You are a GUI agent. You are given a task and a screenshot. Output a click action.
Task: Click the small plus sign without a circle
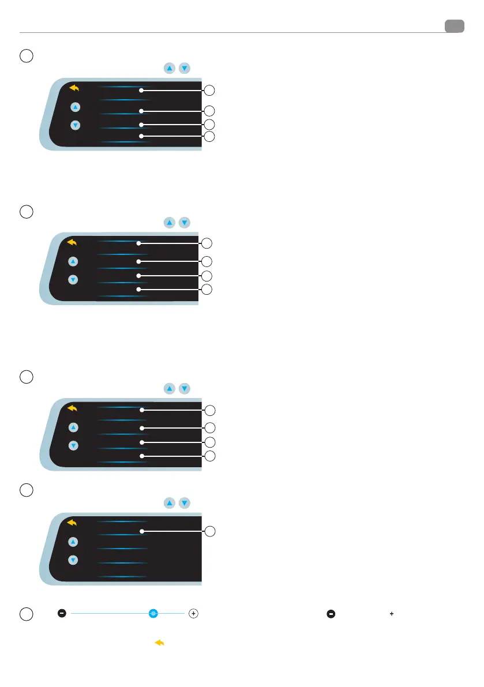(x=391, y=614)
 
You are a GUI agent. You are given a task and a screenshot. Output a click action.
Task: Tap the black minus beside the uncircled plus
(x=331, y=614)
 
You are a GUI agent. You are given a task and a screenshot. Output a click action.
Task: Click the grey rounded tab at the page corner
(x=455, y=26)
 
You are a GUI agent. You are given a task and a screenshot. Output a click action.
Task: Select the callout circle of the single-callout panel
(x=211, y=531)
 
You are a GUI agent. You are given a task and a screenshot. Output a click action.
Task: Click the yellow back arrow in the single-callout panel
(x=73, y=523)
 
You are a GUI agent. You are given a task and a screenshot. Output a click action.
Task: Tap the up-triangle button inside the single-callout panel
(x=73, y=542)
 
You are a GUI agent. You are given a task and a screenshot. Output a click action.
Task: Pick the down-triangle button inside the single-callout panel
(x=73, y=560)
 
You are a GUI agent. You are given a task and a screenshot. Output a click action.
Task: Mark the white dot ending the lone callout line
(x=141, y=531)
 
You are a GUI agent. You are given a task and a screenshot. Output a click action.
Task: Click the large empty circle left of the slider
(x=26, y=615)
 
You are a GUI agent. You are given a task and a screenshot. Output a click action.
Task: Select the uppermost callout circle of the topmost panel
(x=211, y=90)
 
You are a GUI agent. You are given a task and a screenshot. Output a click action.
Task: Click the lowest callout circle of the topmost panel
(x=211, y=137)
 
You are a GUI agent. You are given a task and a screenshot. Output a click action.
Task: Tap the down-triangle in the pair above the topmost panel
(x=184, y=68)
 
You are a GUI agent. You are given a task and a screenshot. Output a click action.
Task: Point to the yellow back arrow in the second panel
(x=73, y=243)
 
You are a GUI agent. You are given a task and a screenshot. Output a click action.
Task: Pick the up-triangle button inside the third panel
(x=73, y=427)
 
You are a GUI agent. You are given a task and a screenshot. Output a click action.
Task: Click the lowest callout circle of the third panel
(x=211, y=456)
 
